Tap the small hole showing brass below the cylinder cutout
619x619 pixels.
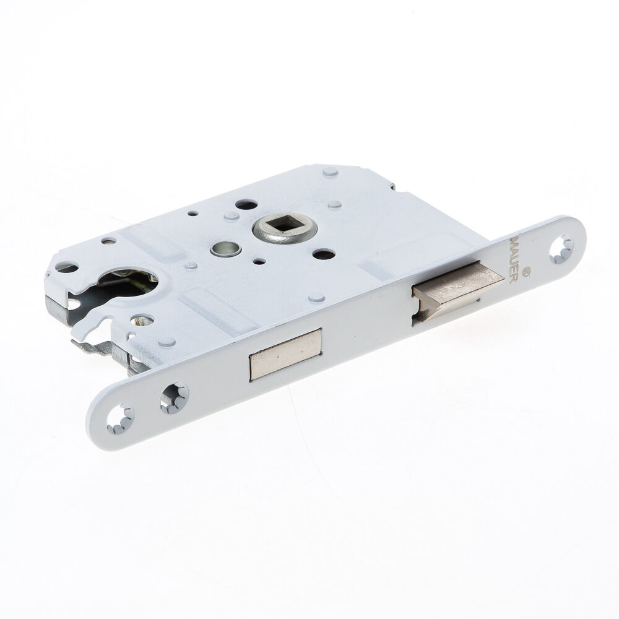143,321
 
